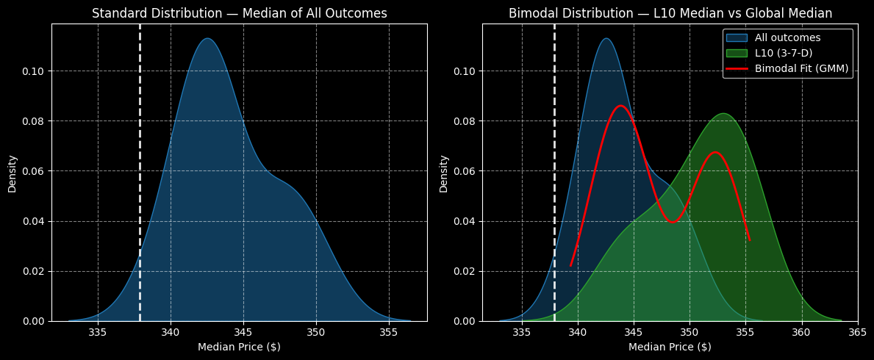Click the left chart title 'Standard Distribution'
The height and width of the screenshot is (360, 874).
click(x=239, y=13)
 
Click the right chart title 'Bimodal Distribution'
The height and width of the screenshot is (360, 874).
click(x=670, y=13)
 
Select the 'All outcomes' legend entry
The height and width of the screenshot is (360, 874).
click(x=787, y=37)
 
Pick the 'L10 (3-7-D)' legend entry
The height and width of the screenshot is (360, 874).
click(x=785, y=53)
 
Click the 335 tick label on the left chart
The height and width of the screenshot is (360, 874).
click(x=98, y=331)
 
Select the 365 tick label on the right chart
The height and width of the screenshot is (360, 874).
click(x=857, y=331)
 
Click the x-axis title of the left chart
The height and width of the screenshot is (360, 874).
click(x=239, y=347)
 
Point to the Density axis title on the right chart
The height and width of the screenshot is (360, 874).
click(x=443, y=173)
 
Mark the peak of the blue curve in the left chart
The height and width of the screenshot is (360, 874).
click(x=207, y=38)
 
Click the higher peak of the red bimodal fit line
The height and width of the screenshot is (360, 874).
click(x=621, y=106)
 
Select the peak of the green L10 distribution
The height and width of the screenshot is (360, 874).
click(x=723, y=113)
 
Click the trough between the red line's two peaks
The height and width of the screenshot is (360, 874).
click(x=673, y=222)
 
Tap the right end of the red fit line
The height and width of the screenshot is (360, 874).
click(x=749, y=240)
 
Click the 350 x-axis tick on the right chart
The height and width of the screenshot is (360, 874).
click(x=689, y=331)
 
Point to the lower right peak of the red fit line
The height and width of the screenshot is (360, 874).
click(x=714, y=152)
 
